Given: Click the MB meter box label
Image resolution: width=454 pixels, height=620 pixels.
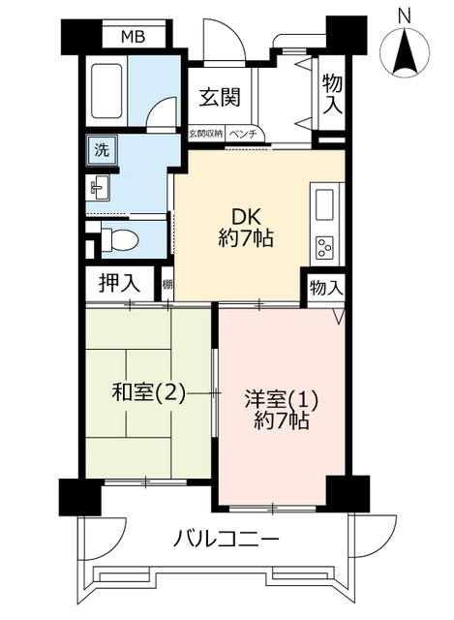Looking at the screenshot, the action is pyautogui.click(x=134, y=37).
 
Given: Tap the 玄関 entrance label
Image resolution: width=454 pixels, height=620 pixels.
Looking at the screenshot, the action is pyautogui.click(x=220, y=97).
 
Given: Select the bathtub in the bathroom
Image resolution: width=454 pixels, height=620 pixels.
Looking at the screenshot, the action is pyautogui.click(x=106, y=91).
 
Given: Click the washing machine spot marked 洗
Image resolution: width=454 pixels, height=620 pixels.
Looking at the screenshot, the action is pyautogui.click(x=102, y=150).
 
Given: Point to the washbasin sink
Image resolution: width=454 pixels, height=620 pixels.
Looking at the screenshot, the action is pyautogui.click(x=99, y=187).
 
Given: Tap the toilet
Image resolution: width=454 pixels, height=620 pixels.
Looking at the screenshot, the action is pyautogui.click(x=119, y=240).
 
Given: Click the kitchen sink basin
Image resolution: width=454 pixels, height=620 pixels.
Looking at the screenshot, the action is pyautogui.click(x=324, y=204).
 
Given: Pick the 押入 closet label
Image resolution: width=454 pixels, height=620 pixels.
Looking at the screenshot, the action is pyautogui.click(x=119, y=283).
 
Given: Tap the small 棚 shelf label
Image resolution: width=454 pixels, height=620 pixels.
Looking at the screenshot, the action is pyautogui.click(x=167, y=284).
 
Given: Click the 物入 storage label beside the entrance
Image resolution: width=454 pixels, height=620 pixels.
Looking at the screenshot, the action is pyautogui.click(x=332, y=95).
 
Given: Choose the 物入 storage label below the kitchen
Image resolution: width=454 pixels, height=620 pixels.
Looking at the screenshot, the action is pyautogui.click(x=326, y=288).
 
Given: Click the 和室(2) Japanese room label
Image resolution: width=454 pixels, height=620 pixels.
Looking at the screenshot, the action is pyautogui.click(x=148, y=393).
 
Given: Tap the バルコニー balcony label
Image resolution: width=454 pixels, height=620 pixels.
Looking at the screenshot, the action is pyautogui.click(x=227, y=540).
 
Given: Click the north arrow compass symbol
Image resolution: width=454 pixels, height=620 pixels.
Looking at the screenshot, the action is pyautogui.click(x=405, y=52).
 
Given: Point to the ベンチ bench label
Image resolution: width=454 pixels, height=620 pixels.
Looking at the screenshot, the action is pyautogui.click(x=243, y=134).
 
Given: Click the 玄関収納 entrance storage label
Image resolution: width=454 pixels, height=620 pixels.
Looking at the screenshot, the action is pyautogui.click(x=205, y=134).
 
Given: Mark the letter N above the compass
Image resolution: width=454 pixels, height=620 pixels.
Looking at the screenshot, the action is pyautogui.click(x=405, y=16).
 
